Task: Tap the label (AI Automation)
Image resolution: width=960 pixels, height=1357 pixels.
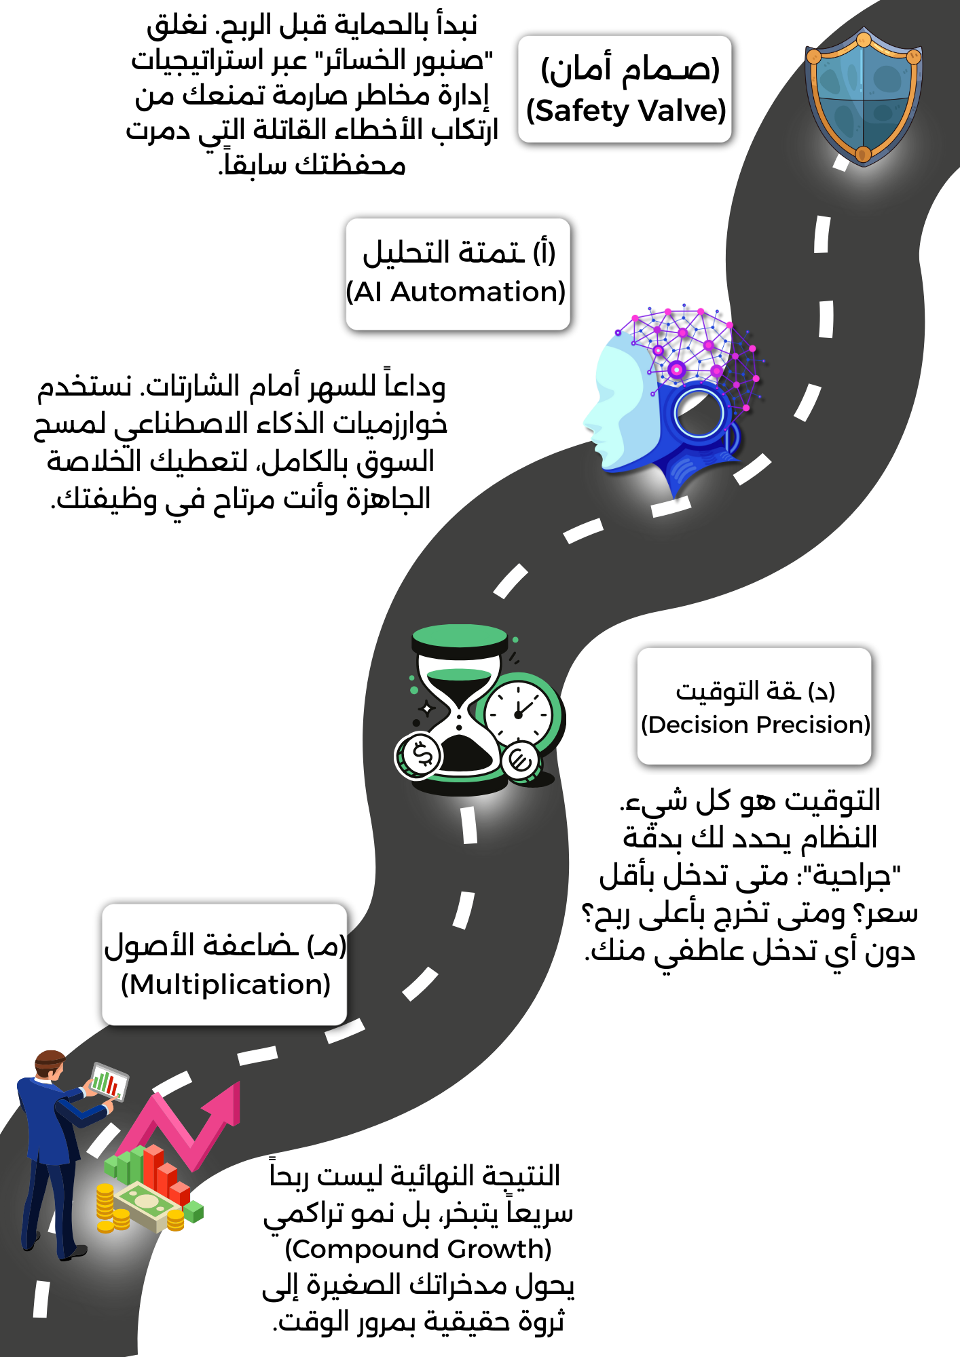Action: tap(456, 292)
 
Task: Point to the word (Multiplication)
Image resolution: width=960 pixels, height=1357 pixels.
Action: tap(225, 985)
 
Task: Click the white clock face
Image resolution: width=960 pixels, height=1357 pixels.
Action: tap(519, 713)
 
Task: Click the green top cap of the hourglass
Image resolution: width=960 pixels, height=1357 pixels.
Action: tap(460, 636)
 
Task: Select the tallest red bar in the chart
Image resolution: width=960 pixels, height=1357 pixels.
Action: tap(153, 1167)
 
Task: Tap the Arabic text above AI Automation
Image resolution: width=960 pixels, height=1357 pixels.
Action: tap(458, 252)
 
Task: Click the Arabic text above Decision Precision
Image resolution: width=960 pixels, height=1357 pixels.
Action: tap(754, 691)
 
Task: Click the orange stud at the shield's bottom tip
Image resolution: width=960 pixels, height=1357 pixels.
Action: tap(863, 154)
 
